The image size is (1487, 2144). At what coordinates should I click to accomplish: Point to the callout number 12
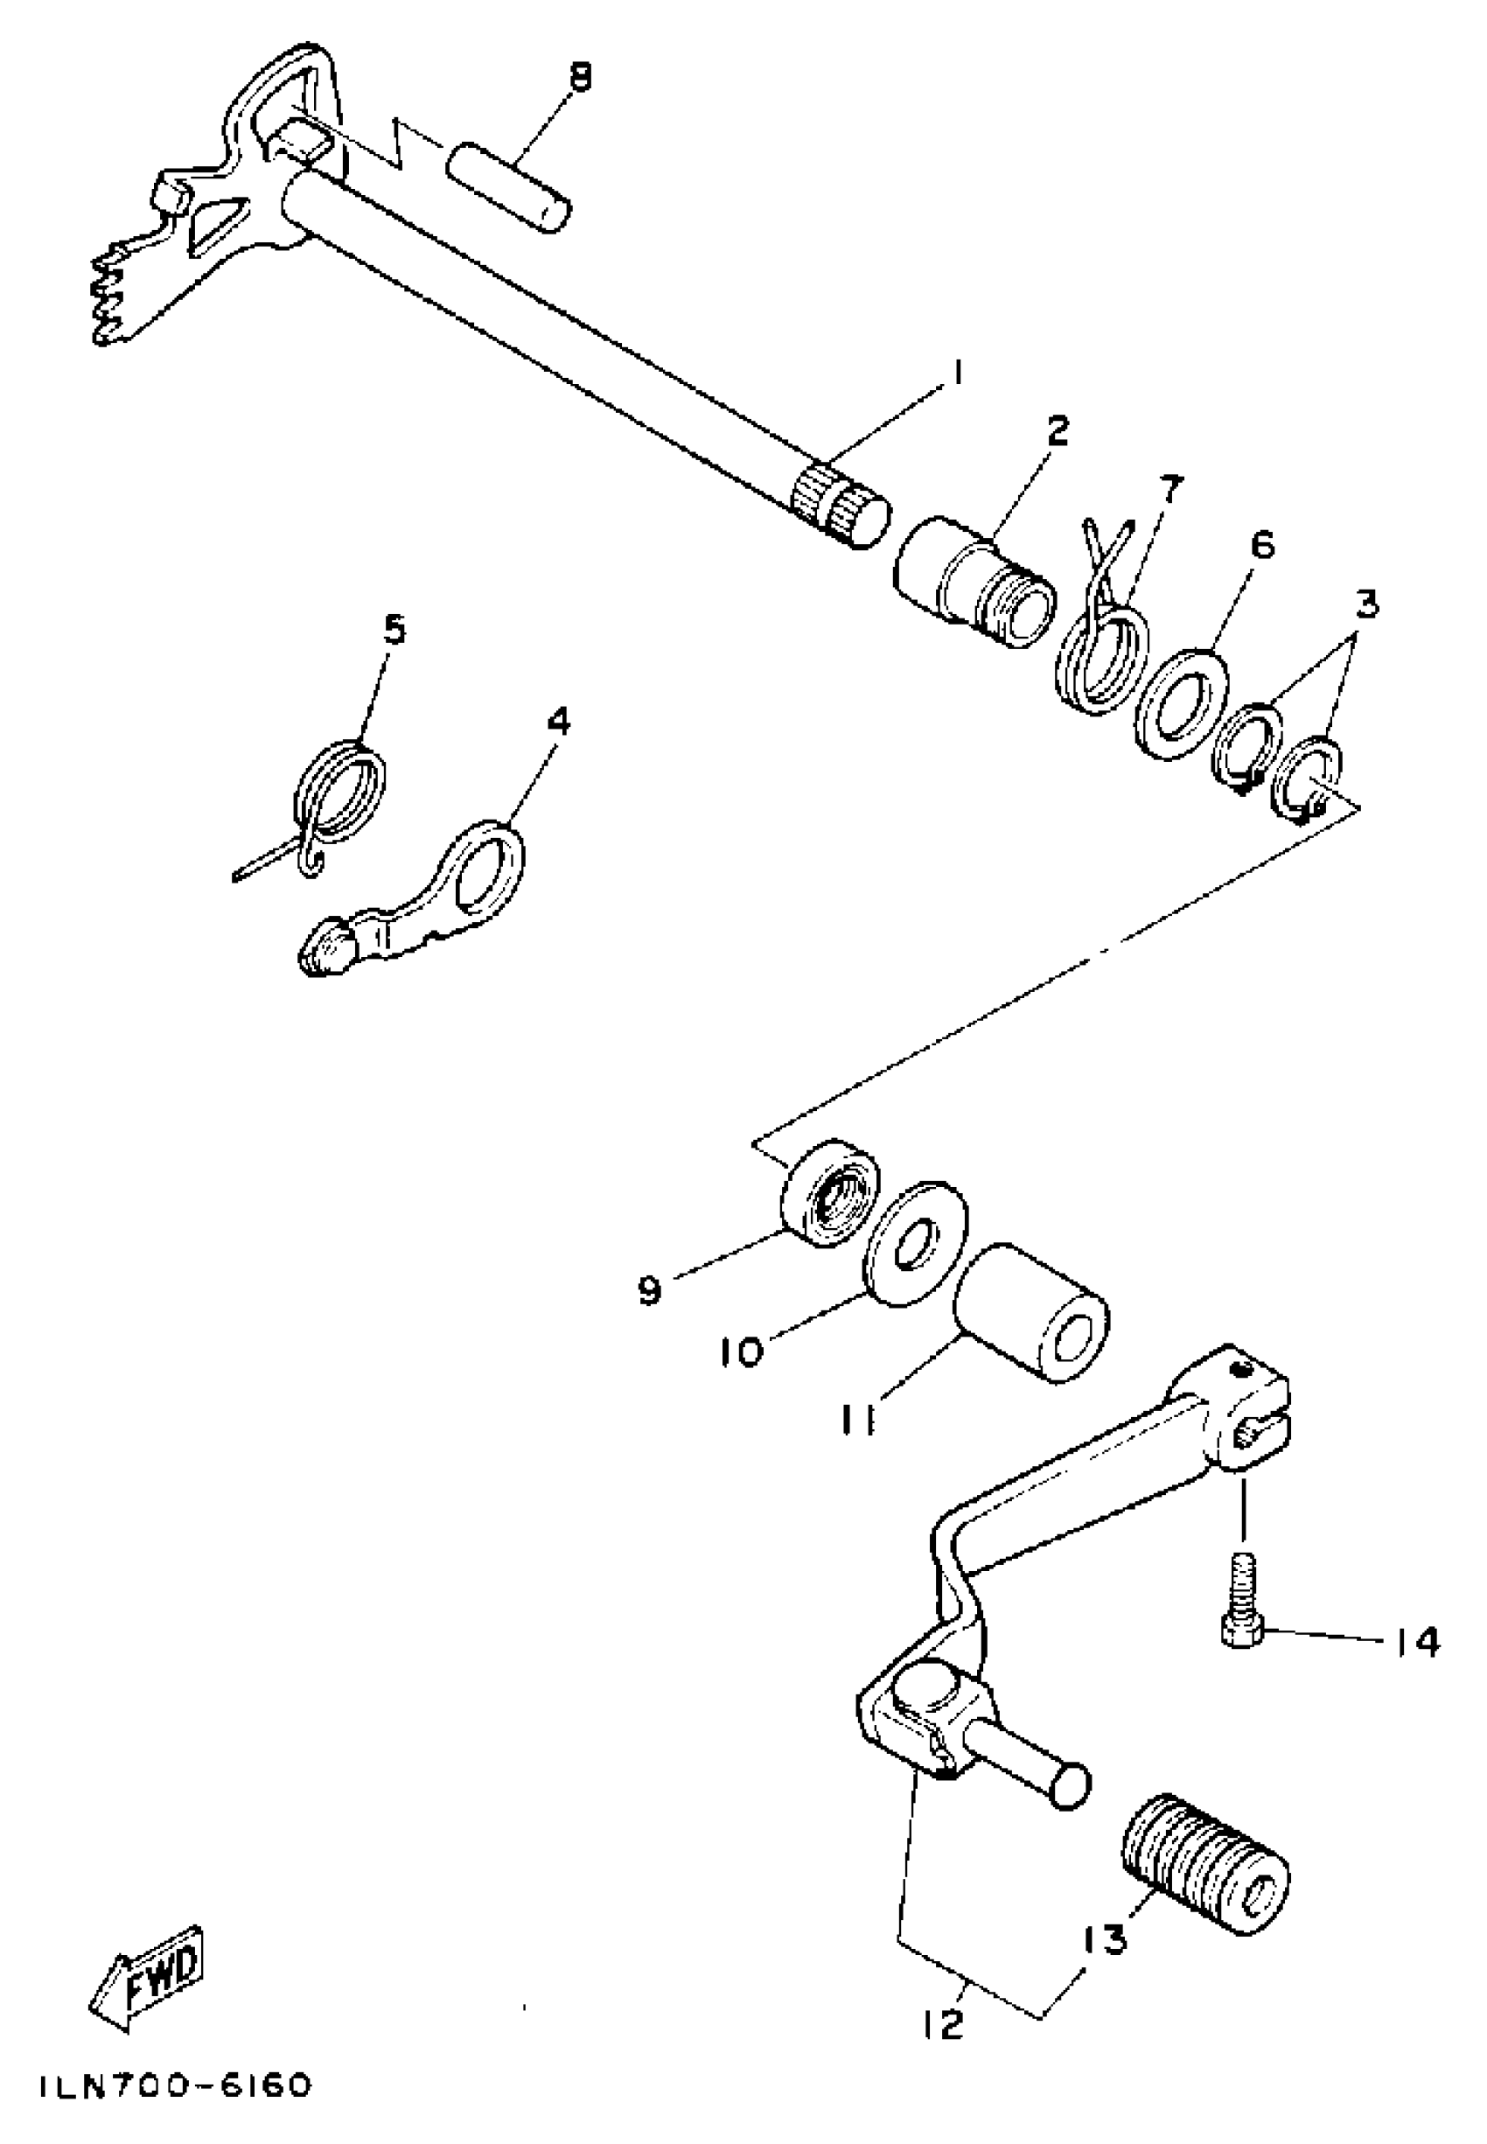tap(946, 2024)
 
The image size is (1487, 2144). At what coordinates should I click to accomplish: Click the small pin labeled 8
tap(508, 186)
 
